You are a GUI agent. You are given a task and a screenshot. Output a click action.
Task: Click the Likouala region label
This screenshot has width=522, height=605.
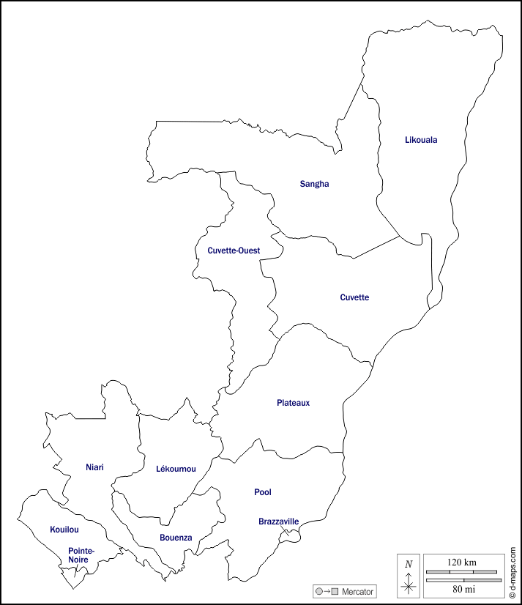click(421, 139)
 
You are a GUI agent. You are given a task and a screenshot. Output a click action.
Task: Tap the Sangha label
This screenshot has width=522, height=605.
click(314, 184)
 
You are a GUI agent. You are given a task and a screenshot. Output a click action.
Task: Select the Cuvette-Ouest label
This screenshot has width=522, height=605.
click(234, 250)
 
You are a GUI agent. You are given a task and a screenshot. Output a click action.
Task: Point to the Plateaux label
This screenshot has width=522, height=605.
click(294, 402)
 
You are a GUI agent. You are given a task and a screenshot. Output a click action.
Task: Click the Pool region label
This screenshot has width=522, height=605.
click(263, 492)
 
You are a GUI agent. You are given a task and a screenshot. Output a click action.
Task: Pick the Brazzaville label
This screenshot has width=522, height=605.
click(278, 522)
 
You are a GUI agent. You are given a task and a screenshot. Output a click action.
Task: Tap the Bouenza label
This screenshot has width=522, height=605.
click(176, 538)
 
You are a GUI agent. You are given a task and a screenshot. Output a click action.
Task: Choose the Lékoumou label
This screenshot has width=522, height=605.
click(176, 469)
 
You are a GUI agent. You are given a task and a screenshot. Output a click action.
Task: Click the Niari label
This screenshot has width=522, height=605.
click(95, 466)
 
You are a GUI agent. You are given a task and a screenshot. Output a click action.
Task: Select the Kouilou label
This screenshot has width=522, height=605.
click(64, 529)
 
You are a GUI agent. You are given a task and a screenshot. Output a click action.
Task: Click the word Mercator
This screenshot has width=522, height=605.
click(357, 591)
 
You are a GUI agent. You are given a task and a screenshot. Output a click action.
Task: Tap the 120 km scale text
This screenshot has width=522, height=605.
click(461, 562)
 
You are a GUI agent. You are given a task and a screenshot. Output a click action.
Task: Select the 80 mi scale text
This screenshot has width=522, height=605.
click(462, 588)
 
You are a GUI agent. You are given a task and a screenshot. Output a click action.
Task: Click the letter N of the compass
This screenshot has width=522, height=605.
click(409, 564)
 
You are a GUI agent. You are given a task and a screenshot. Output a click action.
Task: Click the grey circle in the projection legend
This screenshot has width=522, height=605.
click(319, 591)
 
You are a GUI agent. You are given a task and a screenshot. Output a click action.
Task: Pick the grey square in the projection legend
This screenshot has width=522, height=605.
click(335, 591)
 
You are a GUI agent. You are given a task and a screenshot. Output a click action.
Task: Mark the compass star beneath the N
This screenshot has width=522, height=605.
click(409, 585)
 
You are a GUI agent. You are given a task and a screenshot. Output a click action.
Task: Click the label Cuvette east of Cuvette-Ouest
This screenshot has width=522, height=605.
click(354, 297)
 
